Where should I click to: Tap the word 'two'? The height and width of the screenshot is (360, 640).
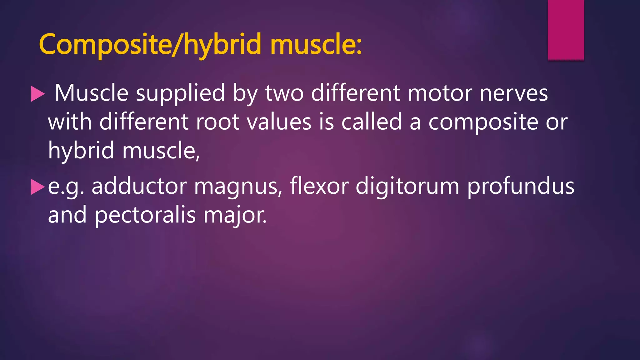pos(284,93)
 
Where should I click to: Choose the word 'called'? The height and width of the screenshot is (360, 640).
pos(371,122)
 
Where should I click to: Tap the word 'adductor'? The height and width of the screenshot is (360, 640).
pos(139,186)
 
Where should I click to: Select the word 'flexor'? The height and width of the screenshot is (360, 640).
pos(319,186)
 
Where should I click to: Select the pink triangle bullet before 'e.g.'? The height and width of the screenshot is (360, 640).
pos(38,187)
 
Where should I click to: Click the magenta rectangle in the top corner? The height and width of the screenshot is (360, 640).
pos(566,30)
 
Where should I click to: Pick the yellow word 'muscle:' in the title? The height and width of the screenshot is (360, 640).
pos(316,44)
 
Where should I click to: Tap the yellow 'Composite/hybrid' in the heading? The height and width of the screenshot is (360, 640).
pos(150,44)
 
